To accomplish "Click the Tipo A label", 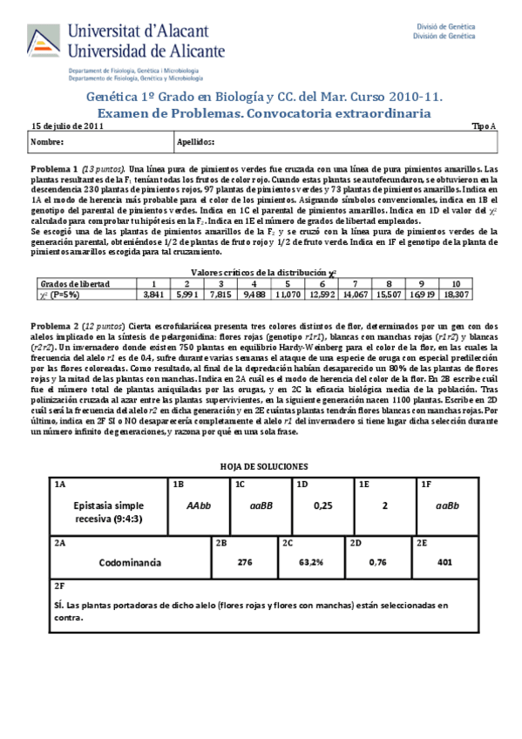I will [484, 125].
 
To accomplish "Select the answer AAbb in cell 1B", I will [200, 505].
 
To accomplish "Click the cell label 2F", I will [59, 586].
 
